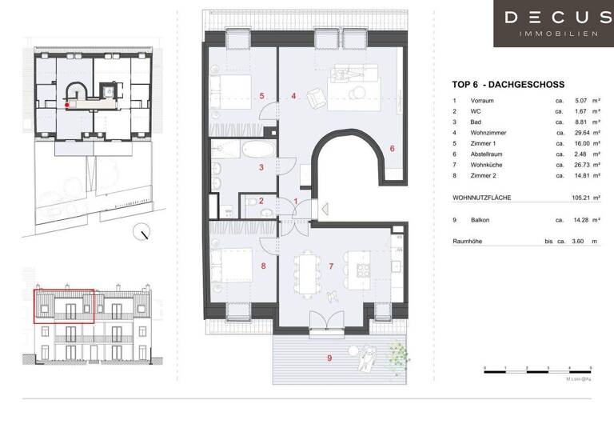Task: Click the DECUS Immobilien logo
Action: pos(553,23)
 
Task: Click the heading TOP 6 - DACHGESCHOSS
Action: pos(508,85)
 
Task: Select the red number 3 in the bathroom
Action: pos(261,167)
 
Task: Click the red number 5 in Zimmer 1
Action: pos(261,96)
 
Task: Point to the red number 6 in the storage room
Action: pos(392,148)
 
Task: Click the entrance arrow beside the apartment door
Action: pos(301,210)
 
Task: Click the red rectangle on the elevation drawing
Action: pos(64,306)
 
